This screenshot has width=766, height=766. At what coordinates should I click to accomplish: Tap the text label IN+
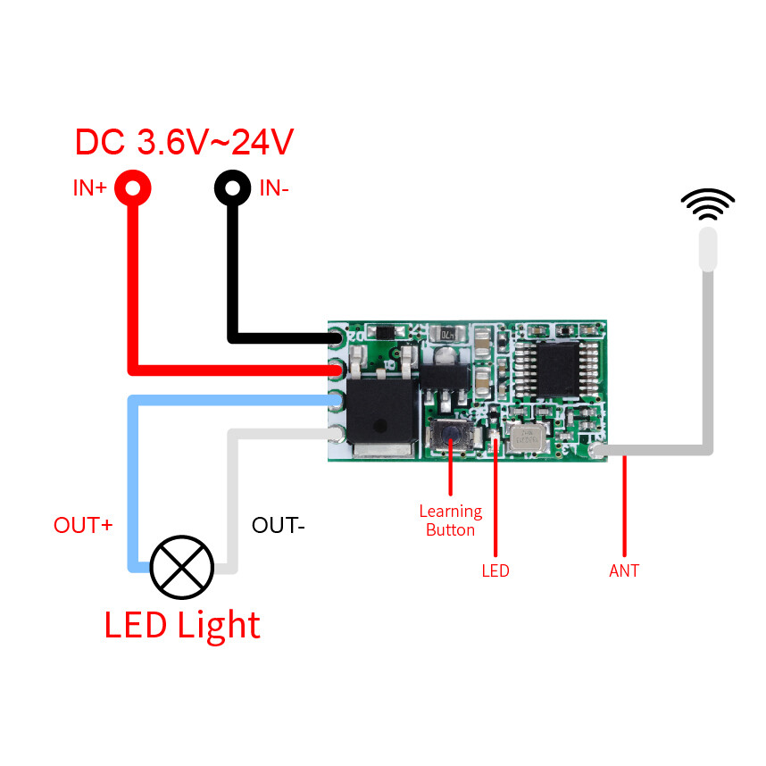[90, 189]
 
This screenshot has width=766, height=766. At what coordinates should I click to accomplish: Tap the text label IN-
[274, 189]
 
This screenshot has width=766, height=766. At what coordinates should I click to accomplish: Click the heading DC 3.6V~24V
[184, 142]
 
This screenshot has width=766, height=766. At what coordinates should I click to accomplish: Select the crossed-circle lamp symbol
[182, 567]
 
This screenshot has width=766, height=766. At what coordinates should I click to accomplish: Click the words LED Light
[182, 625]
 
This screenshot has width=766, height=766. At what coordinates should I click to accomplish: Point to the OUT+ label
[83, 525]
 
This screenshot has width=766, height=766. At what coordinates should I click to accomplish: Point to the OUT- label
[279, 525]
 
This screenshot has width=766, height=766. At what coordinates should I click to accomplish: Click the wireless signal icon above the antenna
[708, 204]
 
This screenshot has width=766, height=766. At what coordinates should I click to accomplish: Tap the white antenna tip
[708, 249]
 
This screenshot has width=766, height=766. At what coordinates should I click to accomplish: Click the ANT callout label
[624, 570]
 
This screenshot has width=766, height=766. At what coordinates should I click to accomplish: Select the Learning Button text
[451, 520]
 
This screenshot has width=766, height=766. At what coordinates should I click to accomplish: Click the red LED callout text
[495, 570]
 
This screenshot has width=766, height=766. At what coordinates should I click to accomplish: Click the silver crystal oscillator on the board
[526, 437]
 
